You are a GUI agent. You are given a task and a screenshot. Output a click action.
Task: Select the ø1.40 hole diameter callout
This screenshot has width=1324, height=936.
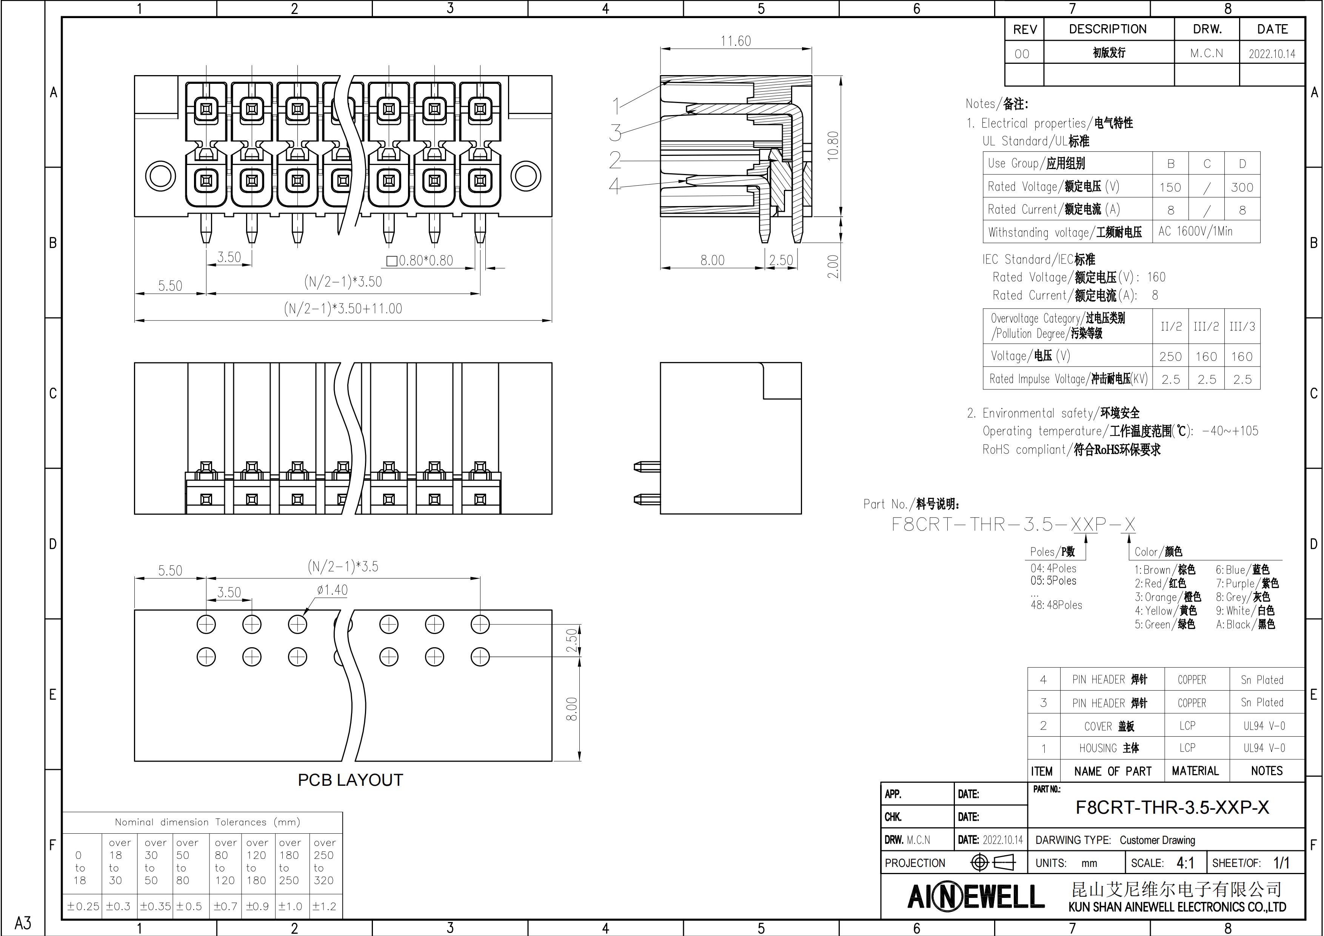coord(332,590)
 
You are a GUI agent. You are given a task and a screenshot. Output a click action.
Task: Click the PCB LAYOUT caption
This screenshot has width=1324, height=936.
coord(350,780)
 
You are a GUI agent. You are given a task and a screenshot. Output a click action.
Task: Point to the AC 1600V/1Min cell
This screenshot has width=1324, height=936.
coord(1195,231)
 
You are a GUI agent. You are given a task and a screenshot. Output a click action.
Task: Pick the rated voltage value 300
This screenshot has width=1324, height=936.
coord(1242,187)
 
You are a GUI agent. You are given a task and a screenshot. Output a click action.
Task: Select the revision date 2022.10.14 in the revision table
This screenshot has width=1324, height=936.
coord(1272,54)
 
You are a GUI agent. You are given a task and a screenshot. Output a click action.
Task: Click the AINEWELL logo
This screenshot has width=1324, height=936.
coord(976,896)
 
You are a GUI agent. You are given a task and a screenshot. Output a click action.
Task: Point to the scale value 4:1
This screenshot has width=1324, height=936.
coord(1185,863)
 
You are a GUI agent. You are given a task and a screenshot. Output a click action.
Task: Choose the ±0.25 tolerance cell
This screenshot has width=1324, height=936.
coord(83,906)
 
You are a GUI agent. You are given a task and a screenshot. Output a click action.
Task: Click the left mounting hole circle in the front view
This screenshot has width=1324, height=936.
coord(160,175)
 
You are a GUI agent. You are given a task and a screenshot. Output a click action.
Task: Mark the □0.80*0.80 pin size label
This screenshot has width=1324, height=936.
coord(419,261)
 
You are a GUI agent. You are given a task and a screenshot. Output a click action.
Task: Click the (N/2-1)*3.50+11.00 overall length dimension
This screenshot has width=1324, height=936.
coord(343,308)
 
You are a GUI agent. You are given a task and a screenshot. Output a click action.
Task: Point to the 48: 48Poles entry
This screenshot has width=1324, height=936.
coord(1056,605)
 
